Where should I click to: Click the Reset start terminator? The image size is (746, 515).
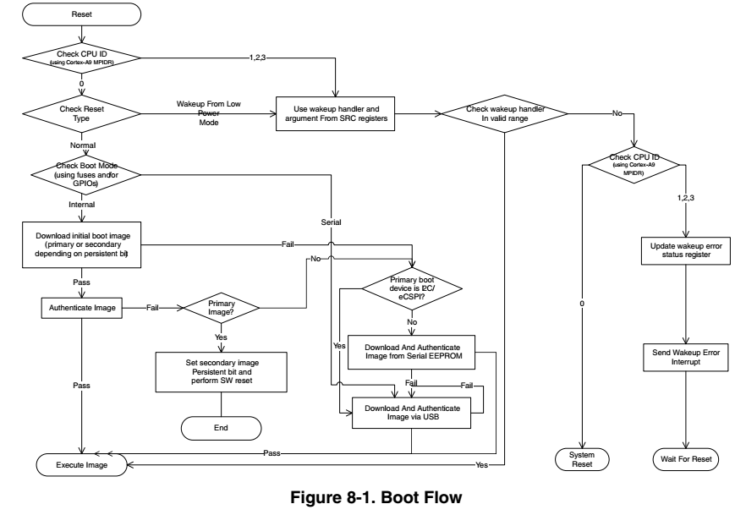(81, 14)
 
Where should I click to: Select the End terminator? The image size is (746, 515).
(221, 428)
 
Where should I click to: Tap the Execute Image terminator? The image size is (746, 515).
(81, 464)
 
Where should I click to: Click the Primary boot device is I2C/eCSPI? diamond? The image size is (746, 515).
(412, 289)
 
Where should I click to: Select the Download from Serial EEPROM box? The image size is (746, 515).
(412, 352)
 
